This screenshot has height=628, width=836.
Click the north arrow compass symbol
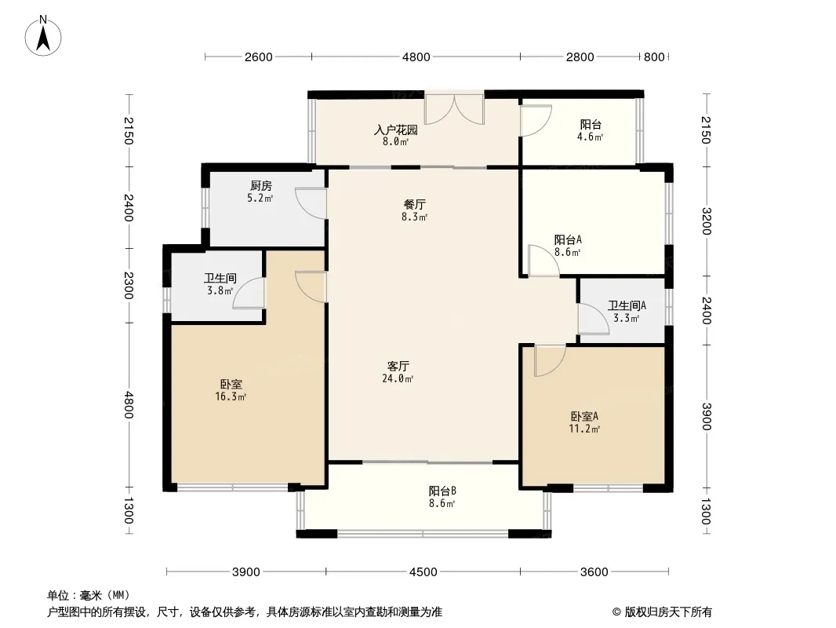pos(43,36)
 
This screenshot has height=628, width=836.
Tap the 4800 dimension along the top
pos(416,57)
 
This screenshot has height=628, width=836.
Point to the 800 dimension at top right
pos(653,57)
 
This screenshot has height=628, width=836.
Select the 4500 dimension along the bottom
pos(423,572)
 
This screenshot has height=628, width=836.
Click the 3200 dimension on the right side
pos(706,221)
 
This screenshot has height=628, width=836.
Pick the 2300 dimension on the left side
pos(129,285)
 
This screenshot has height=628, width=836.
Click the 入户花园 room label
pos(395,130)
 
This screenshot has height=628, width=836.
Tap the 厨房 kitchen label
pos(260,186)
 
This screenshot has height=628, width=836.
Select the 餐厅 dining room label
pos(414,204)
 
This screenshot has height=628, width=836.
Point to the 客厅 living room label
pos(398,366)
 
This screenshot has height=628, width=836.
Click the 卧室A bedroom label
pos(584,416)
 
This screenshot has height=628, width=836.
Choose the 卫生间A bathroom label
pos(627,305)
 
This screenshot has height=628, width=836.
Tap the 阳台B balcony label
pos(442,491)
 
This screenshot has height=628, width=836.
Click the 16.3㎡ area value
pos(231,396)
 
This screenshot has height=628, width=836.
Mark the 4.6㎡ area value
pos(590,137)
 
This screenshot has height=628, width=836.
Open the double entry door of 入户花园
pos(454,110)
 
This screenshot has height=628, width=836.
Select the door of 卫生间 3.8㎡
pos(249,293)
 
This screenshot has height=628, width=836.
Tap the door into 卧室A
pos(551,360)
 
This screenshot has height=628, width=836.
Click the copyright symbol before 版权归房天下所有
pos(616,612)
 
